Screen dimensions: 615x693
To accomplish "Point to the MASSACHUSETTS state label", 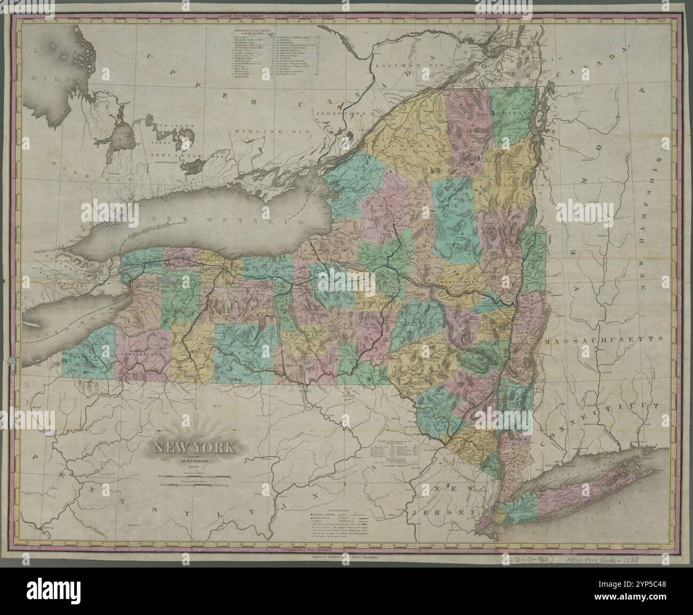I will point(607,339).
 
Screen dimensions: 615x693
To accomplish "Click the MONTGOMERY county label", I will point(460,281).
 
